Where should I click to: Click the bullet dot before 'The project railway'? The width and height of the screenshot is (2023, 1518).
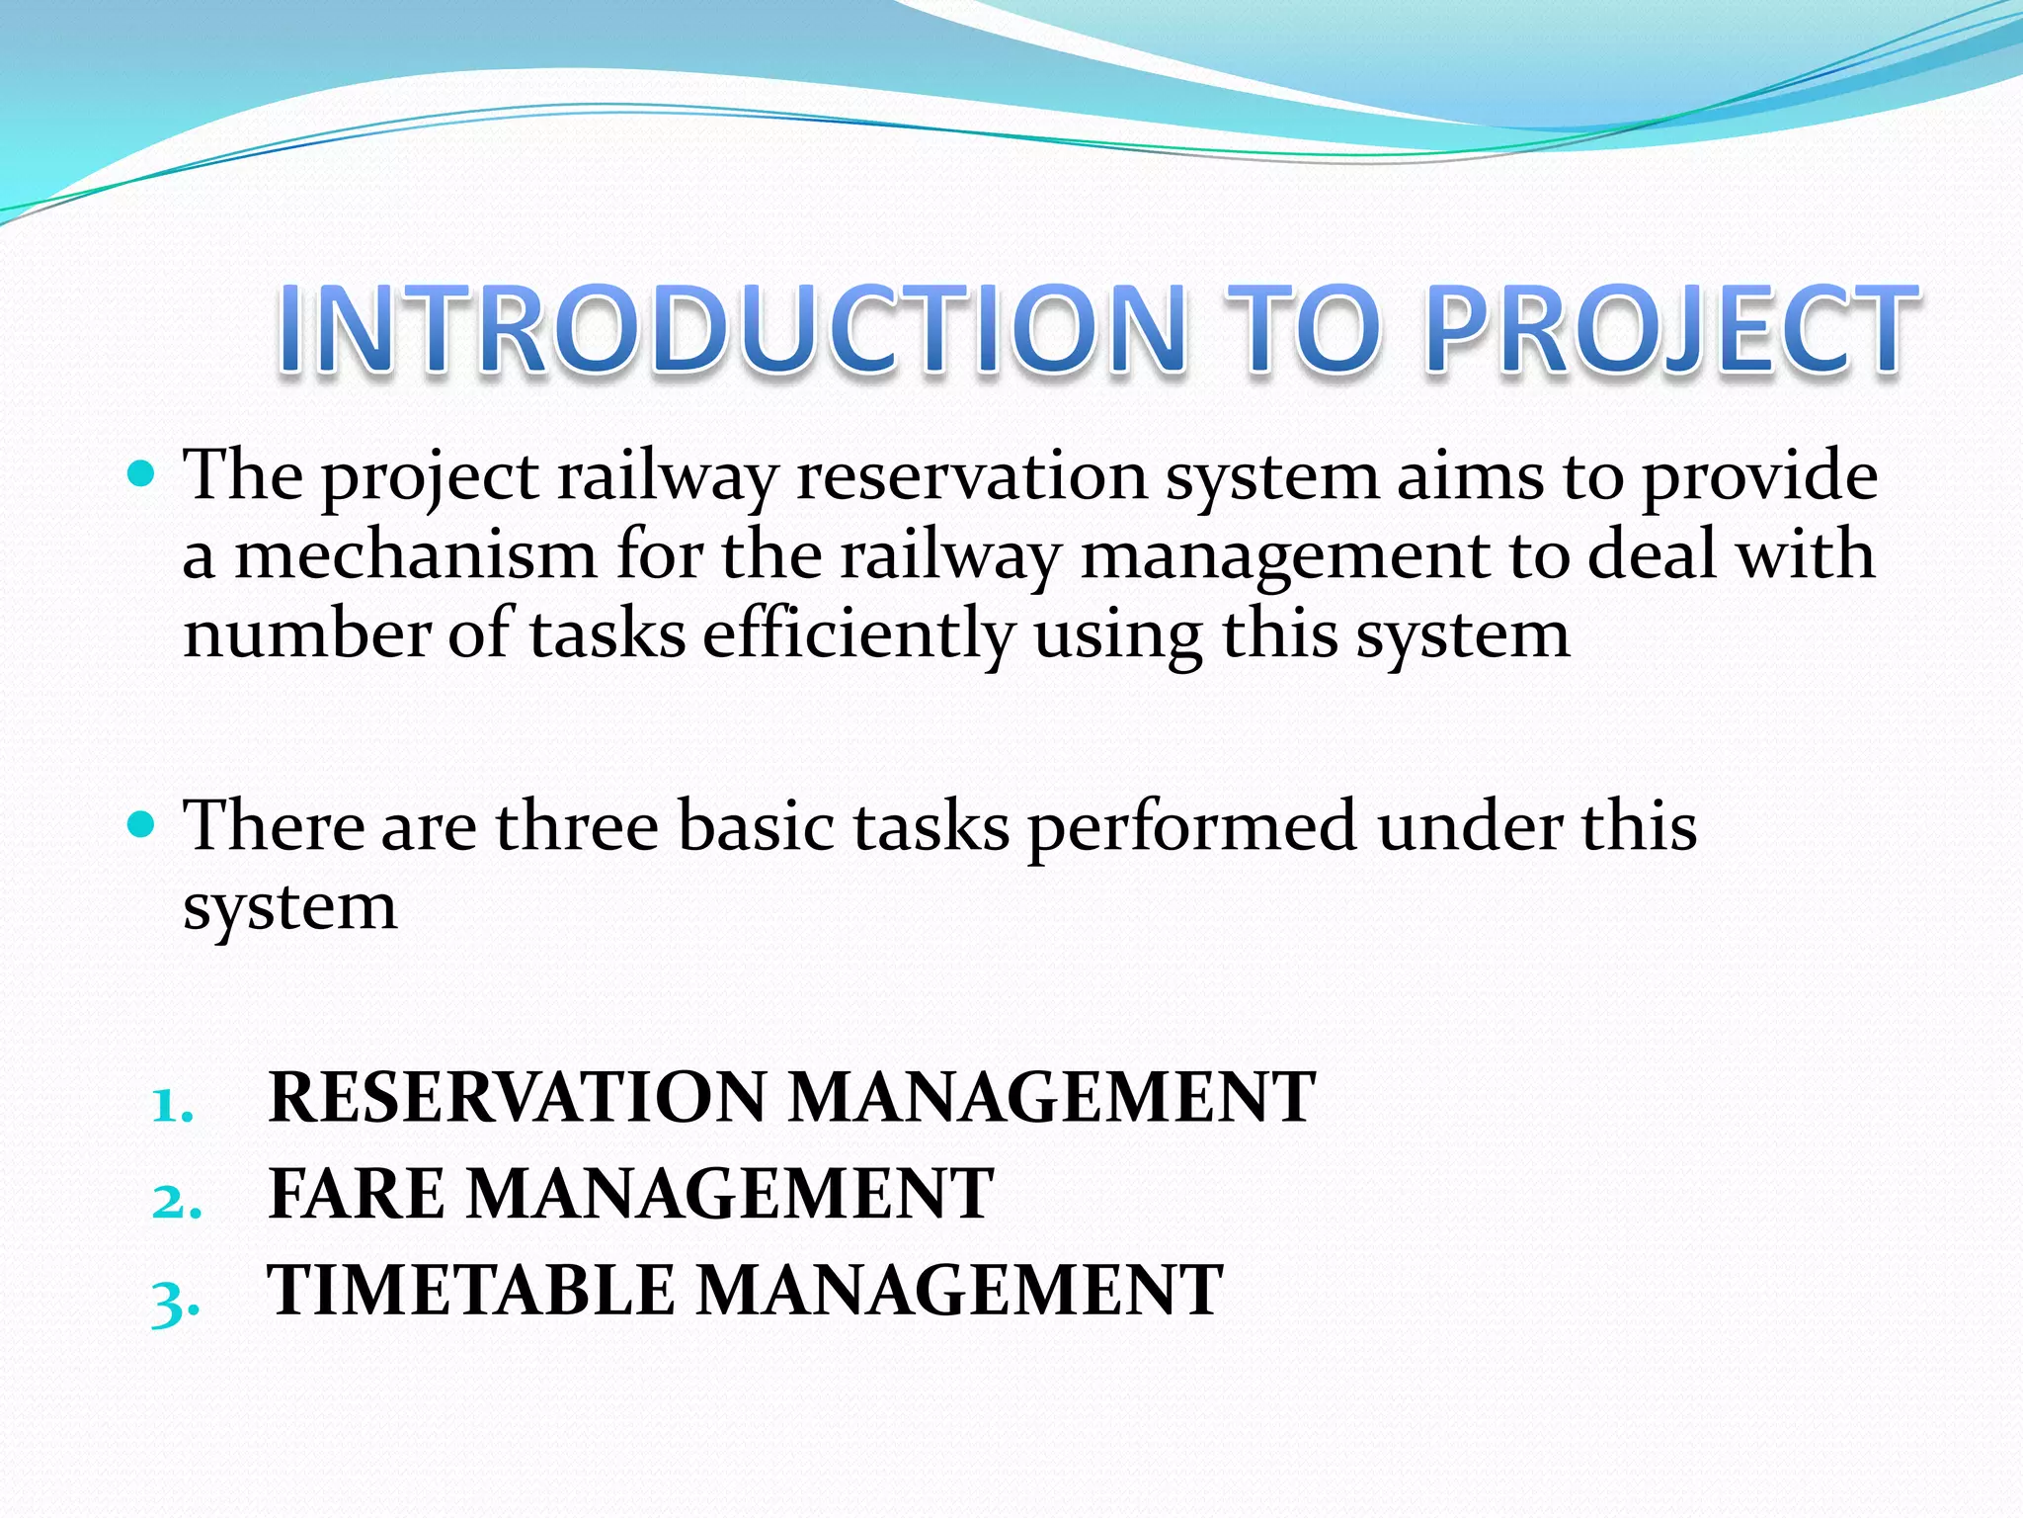pyautogui.click(x=142, y=475)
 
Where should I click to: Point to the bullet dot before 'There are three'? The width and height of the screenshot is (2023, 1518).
pyautogui.click(x=142, y=823)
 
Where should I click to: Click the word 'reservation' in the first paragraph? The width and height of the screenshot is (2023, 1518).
pyautogui.click(x=971, y=477)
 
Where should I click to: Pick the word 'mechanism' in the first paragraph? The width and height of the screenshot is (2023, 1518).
pyautogui.click(x=415, y=555)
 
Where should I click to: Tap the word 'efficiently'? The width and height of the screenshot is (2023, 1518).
pyautogui.click(x=858, y=634)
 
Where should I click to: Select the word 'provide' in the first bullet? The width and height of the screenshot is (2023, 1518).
pyautogui.click(x=1759, y=477)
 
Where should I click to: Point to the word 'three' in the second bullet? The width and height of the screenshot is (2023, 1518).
pyautogui.click(x=577, y=826)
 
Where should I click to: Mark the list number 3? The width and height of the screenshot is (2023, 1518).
pyautogui.click(x=175, y=1303)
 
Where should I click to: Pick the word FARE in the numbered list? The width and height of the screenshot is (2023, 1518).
pyautogui.click(x=357, y=1194)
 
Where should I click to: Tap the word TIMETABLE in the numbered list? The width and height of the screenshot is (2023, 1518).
pyautogui.click(x=471, y=1291)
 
